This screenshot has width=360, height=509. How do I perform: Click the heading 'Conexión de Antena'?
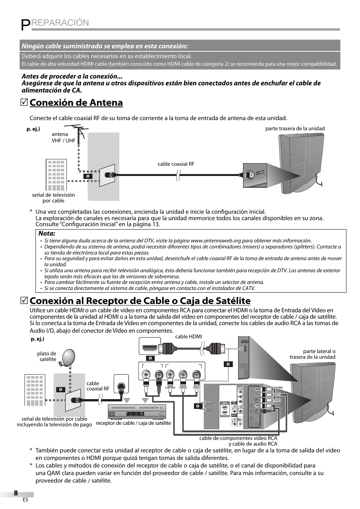pyautogui.click(x=76, y=103)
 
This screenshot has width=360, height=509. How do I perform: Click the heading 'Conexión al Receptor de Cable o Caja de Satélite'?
pyautogui.click(x=140, y=301)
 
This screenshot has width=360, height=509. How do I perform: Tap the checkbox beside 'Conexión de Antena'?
pyautogui.click(x=25, y=103)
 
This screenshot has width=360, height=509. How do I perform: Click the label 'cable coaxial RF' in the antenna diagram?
pyautogui.click(x=176, y=164)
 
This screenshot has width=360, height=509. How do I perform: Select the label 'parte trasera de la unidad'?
pyautogui.click(x=295, y=128)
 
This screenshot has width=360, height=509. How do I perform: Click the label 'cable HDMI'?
pyautogui.click(x=189, y=336)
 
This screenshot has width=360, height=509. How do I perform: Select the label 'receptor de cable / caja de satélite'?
pyautogui.click(x=134, y=423)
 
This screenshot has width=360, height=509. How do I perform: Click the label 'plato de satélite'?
pyautogui.click(x=47, y=356)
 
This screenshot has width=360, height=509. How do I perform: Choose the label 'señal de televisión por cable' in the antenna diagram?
pyautogui.click(x=53, y=198)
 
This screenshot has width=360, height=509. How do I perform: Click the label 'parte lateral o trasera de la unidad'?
pyautogui.click(x=312, y=354)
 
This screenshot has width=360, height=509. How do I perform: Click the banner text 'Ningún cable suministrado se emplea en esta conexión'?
pyautogui.click(x=105, y=46)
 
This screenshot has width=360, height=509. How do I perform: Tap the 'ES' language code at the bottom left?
pyautogui.click(x=25, y=500)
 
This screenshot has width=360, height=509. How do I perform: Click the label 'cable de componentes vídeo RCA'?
pyautogui.click(x=238, y=438)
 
